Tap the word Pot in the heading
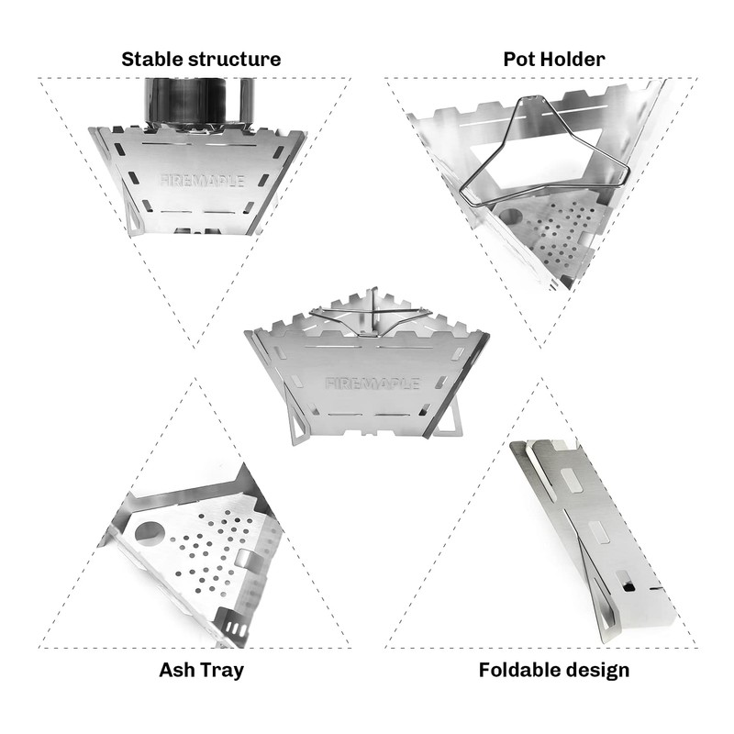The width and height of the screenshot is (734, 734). coord(518,60)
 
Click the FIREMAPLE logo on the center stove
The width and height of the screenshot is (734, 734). coord(373,384)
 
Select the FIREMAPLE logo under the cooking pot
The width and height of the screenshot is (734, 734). coord(202,181)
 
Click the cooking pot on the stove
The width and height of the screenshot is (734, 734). coord(200,104)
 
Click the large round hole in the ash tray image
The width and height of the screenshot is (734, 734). coord(148,535)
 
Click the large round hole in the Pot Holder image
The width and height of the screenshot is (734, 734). coord(510,217)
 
